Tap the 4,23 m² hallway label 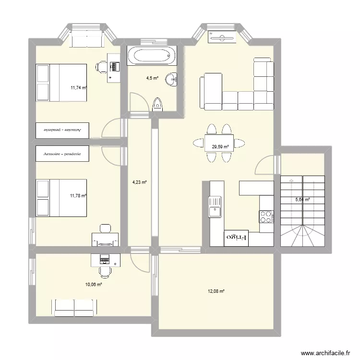pyautogui.click(x=139, y=182)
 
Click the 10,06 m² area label pyautogui.click(x=94, y=284)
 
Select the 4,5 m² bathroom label pyautogui.click(x=152, y=78)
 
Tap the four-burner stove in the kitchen pyautogui.click(x=265, y=217)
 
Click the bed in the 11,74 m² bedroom pyautogui.click(x=61, y=83)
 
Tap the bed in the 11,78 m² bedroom pyautogui.click(x=61, y=198)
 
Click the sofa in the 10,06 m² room pyautogui.click(x=74, y=308)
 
